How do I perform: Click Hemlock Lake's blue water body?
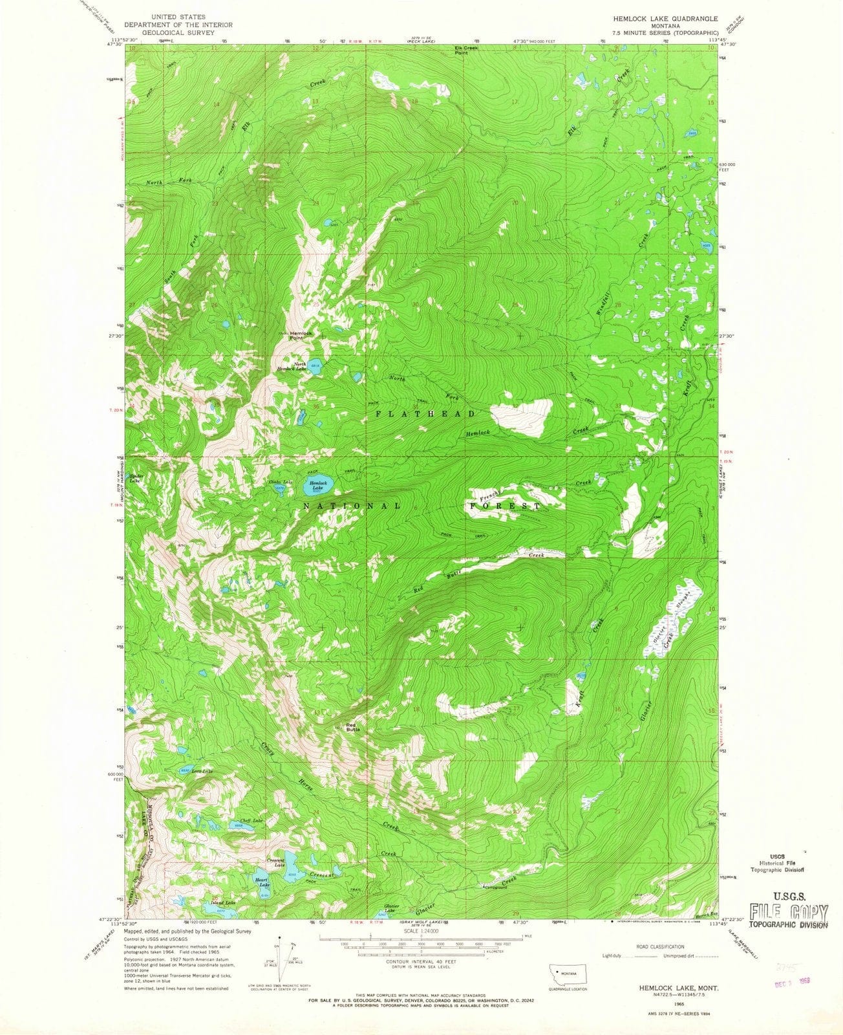pyautogui.click(x=321, y=485)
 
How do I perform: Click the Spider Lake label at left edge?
pyautogui.click(x=134, y=479)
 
